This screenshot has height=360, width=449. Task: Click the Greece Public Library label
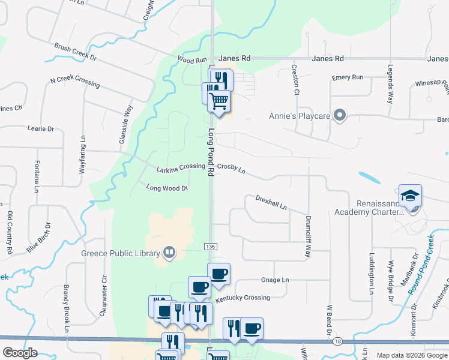point(120,253)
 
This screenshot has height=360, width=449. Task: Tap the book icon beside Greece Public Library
point(169,253)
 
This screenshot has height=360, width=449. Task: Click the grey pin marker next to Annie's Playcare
point(340,115)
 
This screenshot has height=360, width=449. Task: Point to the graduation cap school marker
point(411,196)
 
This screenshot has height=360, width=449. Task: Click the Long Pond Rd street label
point(211,151)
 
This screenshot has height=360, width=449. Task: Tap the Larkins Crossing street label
point(181,167)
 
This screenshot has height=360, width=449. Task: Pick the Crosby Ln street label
point(231,170)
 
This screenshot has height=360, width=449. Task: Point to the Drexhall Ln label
point(271,202)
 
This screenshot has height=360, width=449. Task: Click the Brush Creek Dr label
point(76,52)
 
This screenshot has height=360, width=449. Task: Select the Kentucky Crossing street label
point(243,298)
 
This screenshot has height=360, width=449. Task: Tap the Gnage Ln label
point(275,280)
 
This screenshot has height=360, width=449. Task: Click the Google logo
point(20,353)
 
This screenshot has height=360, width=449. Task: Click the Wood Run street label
point(192,60)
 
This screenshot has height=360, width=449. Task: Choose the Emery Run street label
point(348,78)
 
